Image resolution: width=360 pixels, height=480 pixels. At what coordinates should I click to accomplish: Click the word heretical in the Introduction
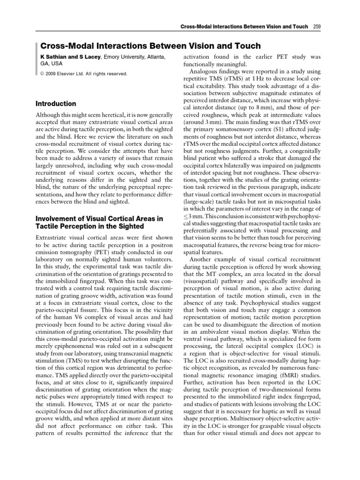(116, 115)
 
